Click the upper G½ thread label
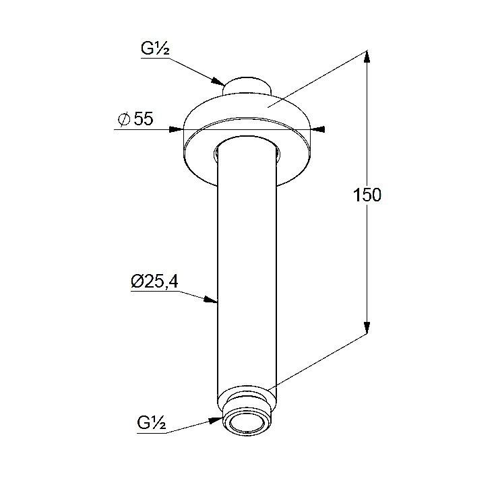pos(155,48)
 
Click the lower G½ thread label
pos(152,422)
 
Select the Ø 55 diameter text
pos(135,119)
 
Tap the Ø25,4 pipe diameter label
pos(154,281)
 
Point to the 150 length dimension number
pos(367,195)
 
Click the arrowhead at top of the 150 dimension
pos(367,57)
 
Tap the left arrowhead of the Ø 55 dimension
pos(177,129)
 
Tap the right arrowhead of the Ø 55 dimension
pos(318,129)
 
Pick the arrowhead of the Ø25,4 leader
pos(211,300)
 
